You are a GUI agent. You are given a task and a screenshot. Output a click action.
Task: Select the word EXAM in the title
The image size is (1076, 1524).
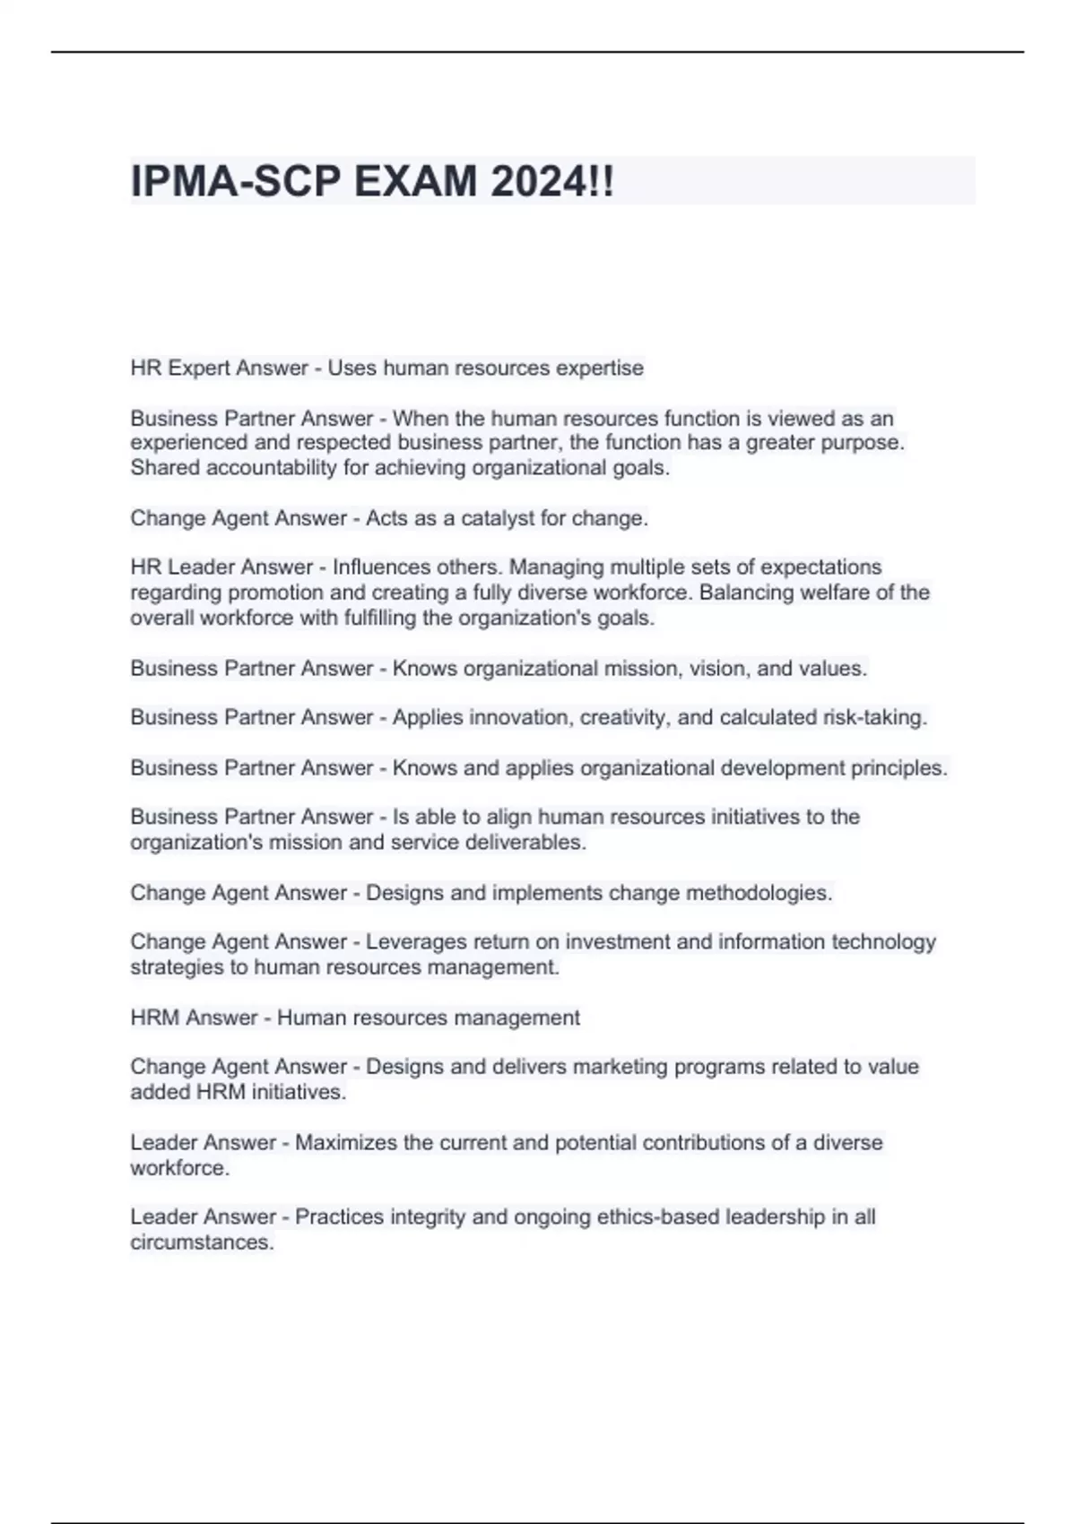415,182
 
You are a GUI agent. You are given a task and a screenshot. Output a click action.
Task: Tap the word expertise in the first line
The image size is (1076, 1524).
599,368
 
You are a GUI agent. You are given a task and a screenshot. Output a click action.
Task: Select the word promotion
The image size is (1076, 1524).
278,593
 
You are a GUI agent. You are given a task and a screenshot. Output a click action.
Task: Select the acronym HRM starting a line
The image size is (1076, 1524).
156,1018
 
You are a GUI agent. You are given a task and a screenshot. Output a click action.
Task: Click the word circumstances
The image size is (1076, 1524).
202,1243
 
